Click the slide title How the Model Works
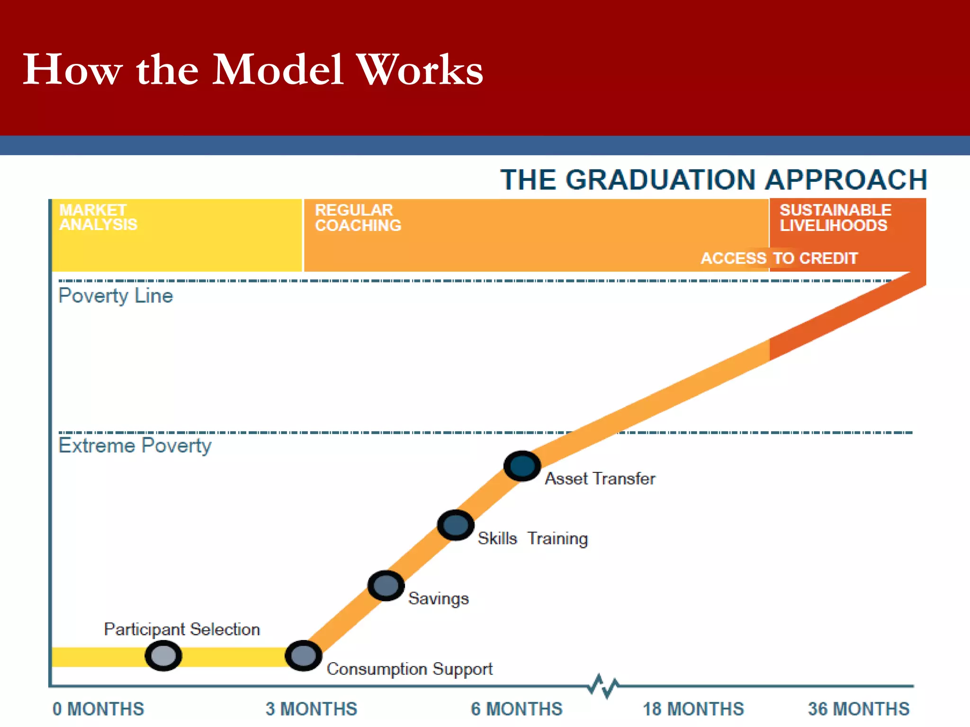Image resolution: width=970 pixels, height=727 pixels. point(252,70)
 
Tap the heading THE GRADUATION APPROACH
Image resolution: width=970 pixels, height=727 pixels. point(713,180)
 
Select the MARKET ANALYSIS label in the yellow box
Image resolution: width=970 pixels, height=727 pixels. point(98,217)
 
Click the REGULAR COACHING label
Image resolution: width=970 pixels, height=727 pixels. point(358,218)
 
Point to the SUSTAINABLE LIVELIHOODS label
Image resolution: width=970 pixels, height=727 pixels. point(835,218)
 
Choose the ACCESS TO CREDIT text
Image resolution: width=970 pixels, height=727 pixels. point(779,258)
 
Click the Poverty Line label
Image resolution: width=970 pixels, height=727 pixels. point(116,296)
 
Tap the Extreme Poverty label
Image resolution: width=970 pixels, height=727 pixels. point(135,445)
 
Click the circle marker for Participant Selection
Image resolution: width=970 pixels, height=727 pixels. point(163,656)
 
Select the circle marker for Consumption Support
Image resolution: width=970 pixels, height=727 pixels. point(304,656)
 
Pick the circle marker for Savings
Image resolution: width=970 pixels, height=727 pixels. point(386,586)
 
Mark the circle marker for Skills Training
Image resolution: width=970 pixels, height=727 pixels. point(456,525)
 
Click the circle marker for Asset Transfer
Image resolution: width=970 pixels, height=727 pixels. point(522,466)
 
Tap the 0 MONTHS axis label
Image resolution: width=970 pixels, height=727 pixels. point(98,709)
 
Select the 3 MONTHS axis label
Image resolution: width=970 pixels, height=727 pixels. point(311,709)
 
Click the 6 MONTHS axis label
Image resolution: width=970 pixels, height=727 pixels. point(516,709)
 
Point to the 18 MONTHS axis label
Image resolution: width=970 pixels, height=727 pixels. point(693,709)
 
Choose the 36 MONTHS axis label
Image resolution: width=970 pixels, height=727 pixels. point(858,709)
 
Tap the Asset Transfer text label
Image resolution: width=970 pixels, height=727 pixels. point(600,479)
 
